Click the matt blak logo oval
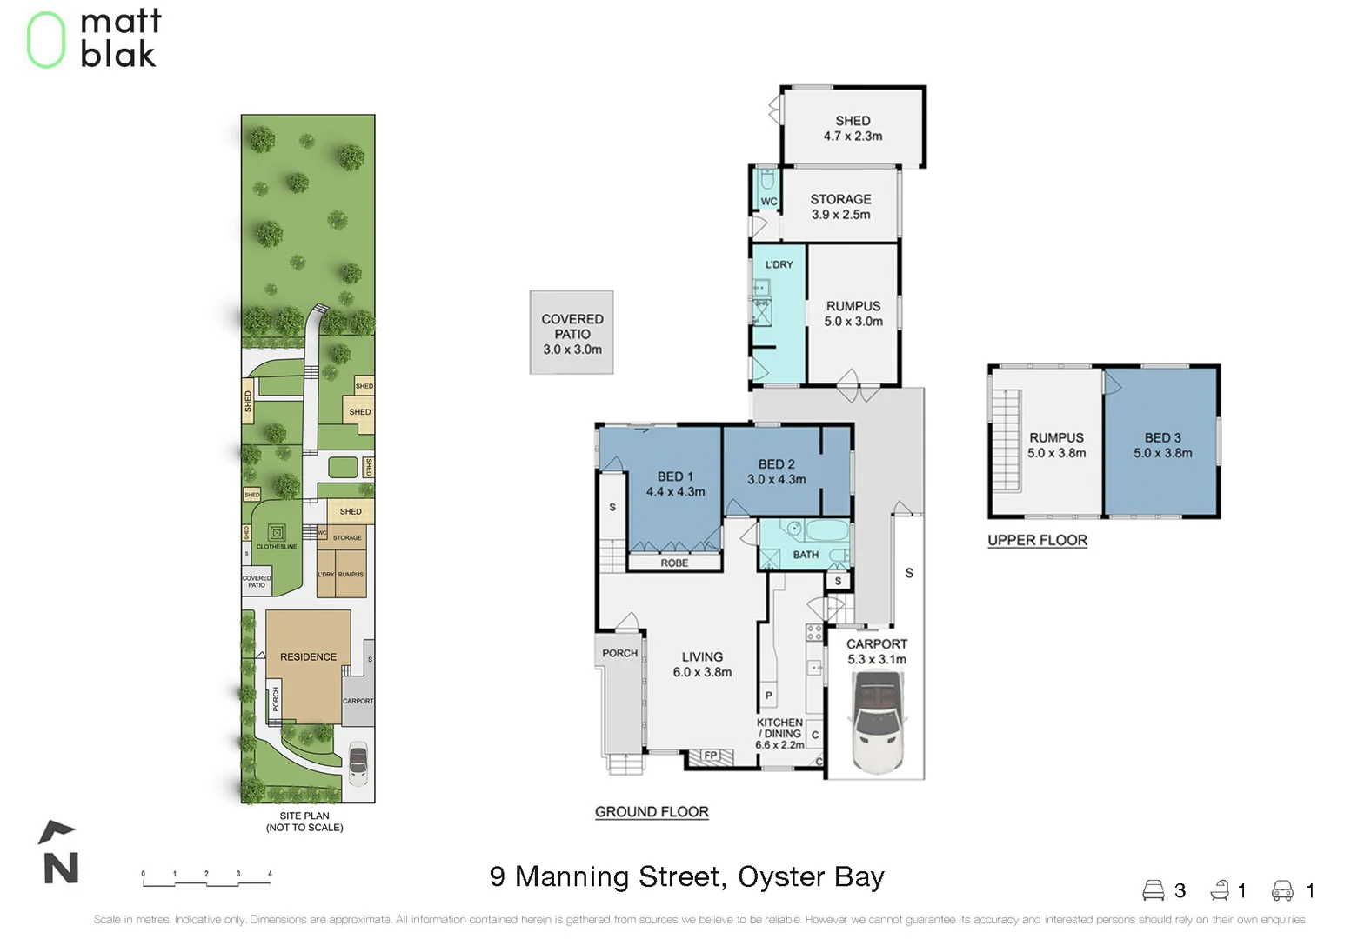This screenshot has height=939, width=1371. pyautogui.click(x=45, y=40)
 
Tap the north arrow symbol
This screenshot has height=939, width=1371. pyautogui.click(x=59, y=855)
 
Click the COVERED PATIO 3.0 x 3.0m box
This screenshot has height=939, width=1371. pyautogui.click(x=572, y=333)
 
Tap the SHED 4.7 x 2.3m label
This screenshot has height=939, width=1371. pyautogui.click(x=853, y=128)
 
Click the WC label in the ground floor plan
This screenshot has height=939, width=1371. pyautogui.click(x=769, y=202)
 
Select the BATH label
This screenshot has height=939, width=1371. pyautogui.click(x=806, y=555)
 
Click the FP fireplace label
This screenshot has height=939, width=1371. pyautogui.click(x=711, y=756)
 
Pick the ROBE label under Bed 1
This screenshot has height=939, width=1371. pyautogui.click(x=674, y=563)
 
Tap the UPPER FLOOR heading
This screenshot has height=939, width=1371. pyautogui.click(x=1037, y=540)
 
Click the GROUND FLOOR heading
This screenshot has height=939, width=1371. pyautogui.click(x=652, y=812)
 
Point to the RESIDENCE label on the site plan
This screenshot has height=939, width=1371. pyautogui.click(x=308, y=657)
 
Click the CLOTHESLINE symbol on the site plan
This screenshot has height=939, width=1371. pyautogui.click(x=277, y=531)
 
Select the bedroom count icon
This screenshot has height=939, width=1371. pyautogui.click(x=1153, y=890)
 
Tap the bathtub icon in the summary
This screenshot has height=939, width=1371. pyautogui.click(x=1220, y=890)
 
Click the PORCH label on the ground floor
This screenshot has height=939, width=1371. pyautogui.click(x=619, y=653)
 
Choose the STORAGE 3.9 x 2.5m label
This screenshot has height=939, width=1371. pyautogui.click(x=840, y=206)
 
